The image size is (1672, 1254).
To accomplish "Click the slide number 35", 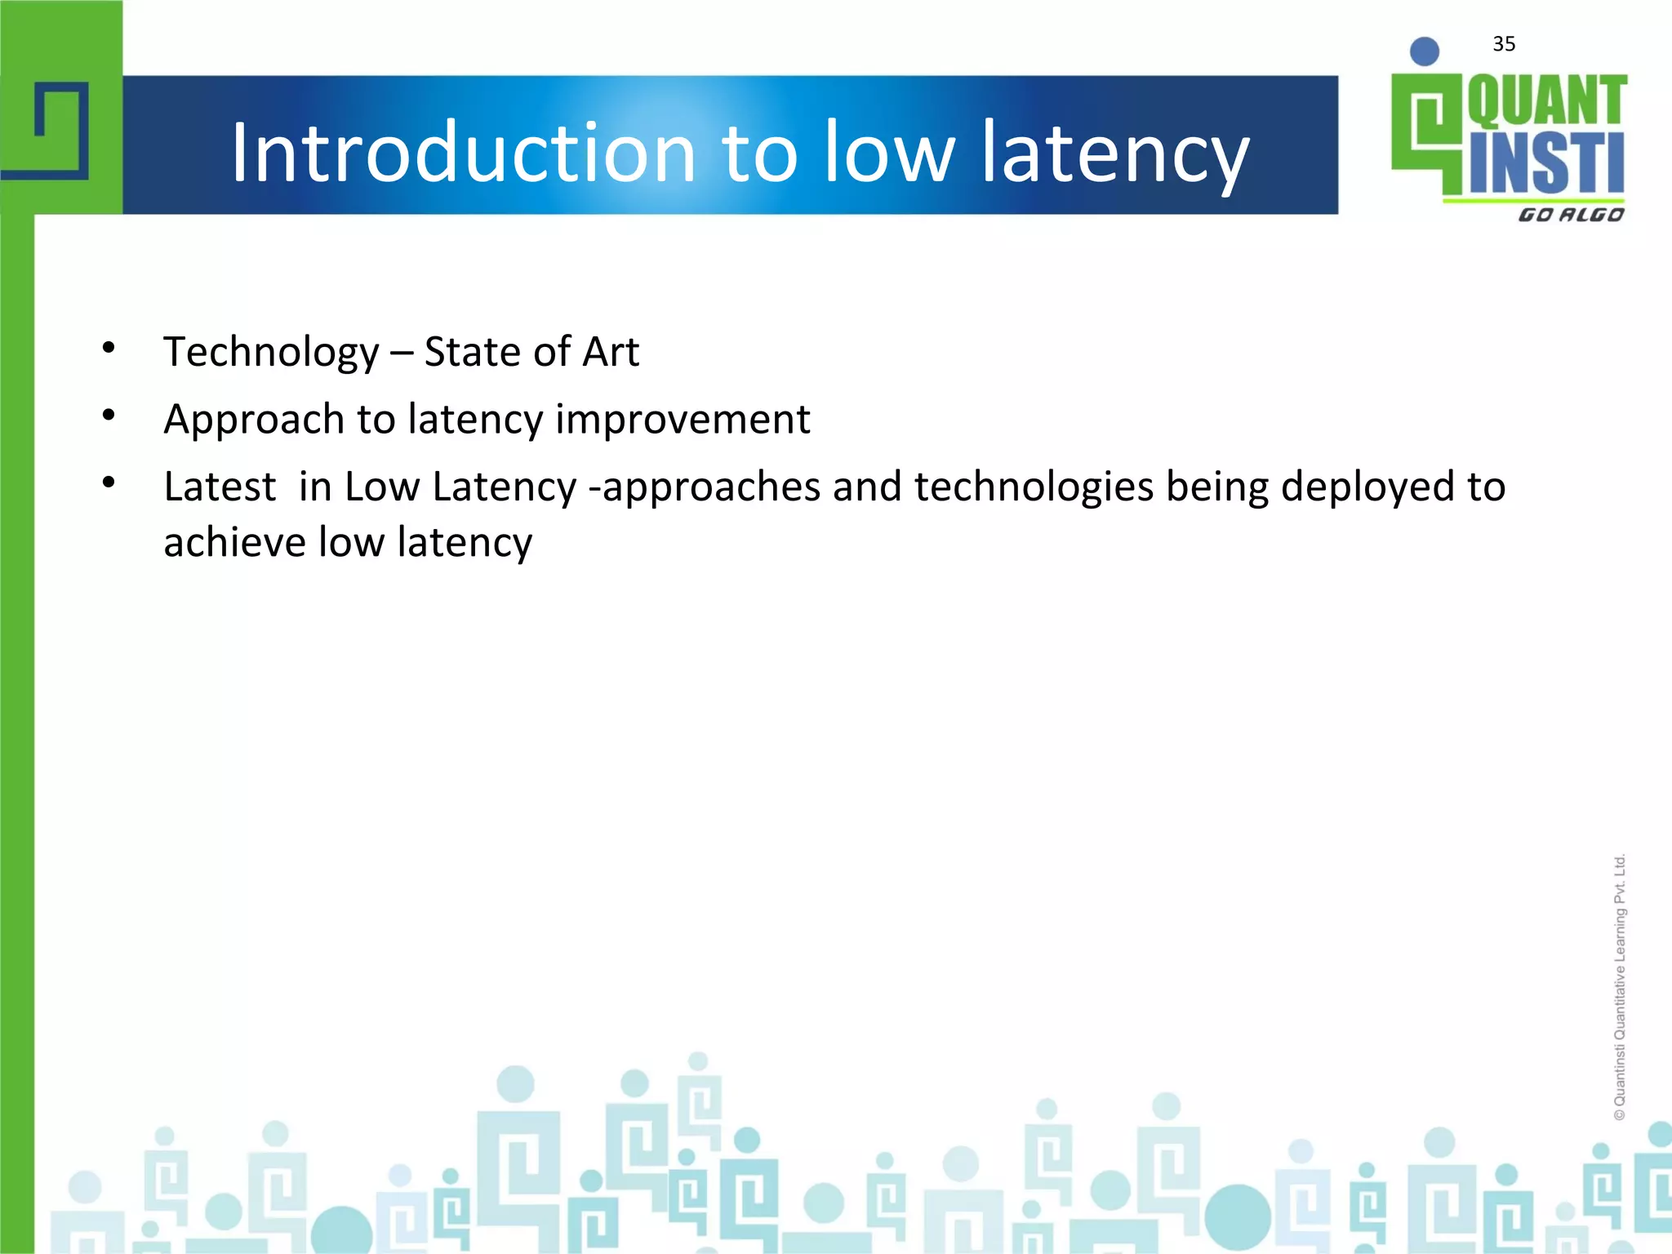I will pos(1504,44).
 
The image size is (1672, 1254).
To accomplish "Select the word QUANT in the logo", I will pos(1547,101).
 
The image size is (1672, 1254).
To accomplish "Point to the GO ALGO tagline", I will pos(1571,215).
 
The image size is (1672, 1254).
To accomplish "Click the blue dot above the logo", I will pos(1425,51).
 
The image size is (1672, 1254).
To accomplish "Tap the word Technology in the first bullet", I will pos(271,353).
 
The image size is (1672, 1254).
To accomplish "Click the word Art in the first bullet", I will pos(610,352).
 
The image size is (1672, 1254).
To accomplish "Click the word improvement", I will pos(683,420).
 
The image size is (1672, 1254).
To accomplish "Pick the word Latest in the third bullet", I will pos(220,487).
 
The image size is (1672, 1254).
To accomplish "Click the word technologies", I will pos(1034,487).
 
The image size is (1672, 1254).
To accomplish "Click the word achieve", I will pos(234,543).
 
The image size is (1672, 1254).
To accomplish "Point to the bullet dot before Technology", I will pos(109,349).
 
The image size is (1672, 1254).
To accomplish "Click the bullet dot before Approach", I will pos(109,416).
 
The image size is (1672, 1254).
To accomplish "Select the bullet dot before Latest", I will pos(109,482).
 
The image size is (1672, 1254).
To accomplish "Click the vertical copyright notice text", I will pos(1620,988).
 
